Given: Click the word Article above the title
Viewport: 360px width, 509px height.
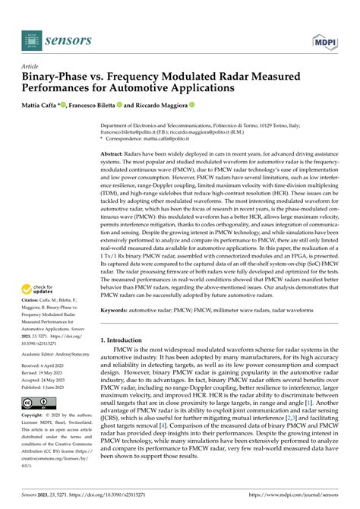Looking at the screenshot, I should tap(33, 66).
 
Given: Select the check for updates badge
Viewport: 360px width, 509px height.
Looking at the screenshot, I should tap(44, 290).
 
